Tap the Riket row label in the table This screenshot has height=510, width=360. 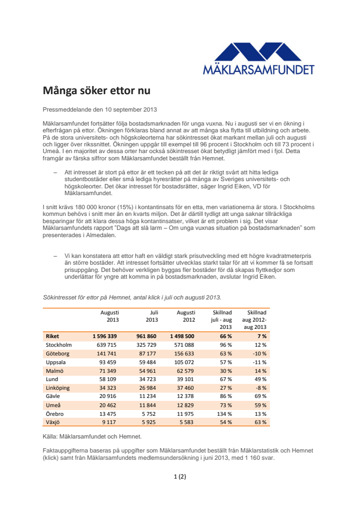52,336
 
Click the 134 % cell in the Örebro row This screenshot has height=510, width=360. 223,413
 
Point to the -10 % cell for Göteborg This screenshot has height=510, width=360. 260,354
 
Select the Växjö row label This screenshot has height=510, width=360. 54,422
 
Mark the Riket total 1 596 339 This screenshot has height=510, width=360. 106,336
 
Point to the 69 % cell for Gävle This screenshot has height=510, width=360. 261,397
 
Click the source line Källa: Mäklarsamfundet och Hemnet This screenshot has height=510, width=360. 92,437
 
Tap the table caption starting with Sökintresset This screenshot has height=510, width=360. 132,297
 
